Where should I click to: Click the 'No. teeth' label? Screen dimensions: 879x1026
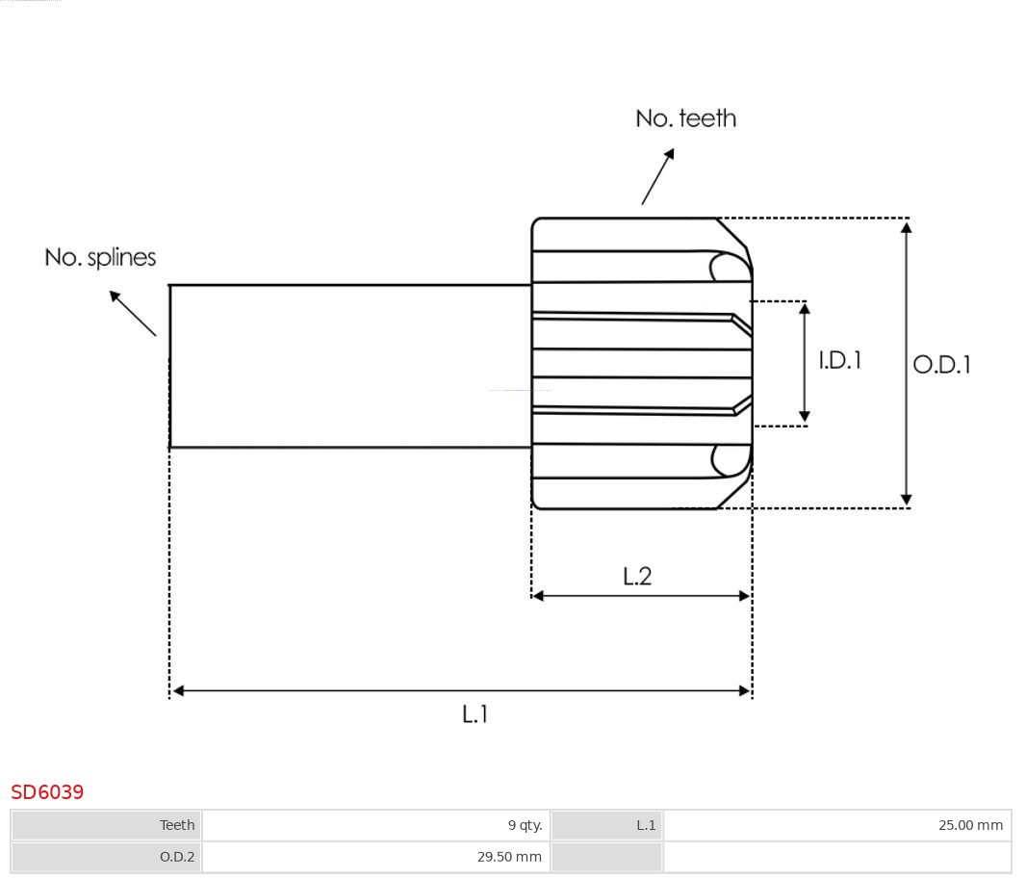click(685, 118)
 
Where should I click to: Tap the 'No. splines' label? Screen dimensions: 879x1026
click(100, 257)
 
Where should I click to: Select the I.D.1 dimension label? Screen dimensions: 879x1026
click(839, 360)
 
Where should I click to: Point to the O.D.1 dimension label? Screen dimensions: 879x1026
click(941, 364)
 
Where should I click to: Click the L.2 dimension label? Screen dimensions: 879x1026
click(637, 576)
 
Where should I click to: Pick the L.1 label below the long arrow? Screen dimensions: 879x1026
click(475, 714)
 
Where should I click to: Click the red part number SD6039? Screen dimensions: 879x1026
click(47, 791)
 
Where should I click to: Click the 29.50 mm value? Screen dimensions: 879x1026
click(509, 856)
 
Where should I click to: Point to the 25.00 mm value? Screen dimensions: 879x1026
click(970, 825)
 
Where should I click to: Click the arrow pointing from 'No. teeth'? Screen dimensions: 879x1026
click(658, 176)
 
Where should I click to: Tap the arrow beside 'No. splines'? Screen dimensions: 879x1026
click(132, 313)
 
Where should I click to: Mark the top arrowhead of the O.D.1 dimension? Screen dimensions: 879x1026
click(906, 226)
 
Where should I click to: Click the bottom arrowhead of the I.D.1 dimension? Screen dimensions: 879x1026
click(805, 417)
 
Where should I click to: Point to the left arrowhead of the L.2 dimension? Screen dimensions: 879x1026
click(538, 596)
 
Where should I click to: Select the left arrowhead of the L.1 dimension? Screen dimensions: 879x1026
click(178, 690)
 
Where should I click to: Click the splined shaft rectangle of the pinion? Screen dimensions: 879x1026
click(350, 366)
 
